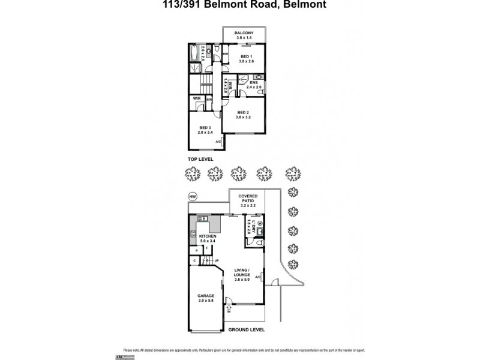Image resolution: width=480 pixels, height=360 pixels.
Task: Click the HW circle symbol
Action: click(x=193, y=196)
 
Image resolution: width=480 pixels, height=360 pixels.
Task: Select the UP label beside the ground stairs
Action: click(x=217, y=260)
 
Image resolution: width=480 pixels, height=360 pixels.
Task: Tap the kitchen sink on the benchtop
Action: click(x=202, y=220)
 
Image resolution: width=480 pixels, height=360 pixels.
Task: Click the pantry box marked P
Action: click(x=196, y=249)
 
